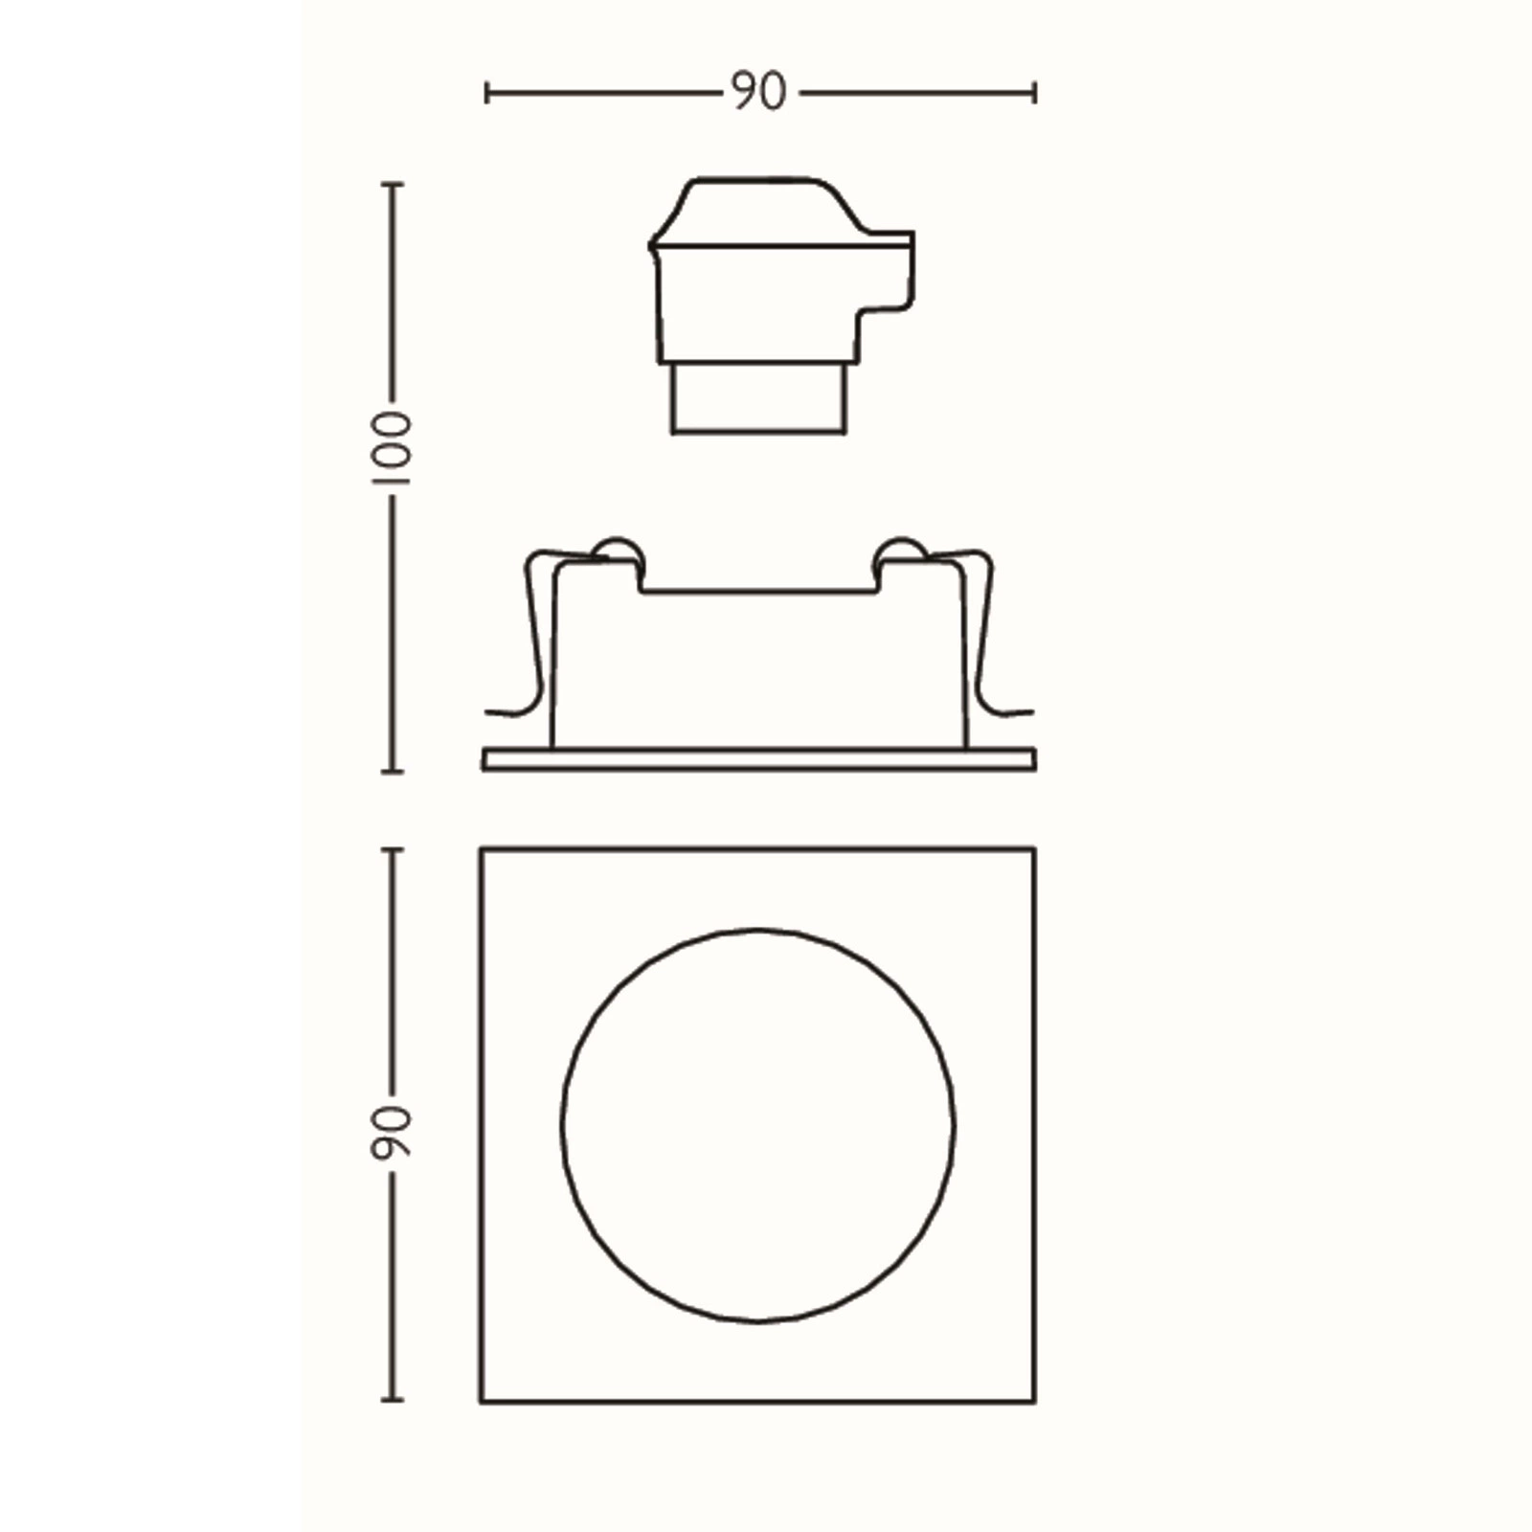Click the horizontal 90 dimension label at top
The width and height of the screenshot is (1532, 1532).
click(759, 92)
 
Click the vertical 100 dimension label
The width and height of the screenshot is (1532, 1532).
click(391, 448)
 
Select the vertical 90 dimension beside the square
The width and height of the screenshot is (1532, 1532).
click(391, 1133)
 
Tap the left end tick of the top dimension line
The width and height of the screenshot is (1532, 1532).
click(487, 93)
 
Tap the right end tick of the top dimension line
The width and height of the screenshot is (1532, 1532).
click(1034, 93)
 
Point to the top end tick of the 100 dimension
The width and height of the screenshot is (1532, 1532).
click(392, 183)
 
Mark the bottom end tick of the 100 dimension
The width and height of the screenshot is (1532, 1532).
click(392, 770)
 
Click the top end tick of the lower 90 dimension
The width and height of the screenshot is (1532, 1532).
click(392, 849)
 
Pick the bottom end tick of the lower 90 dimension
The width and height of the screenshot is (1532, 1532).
click(392, 1400)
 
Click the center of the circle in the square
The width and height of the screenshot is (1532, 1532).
click(757, 1125)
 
